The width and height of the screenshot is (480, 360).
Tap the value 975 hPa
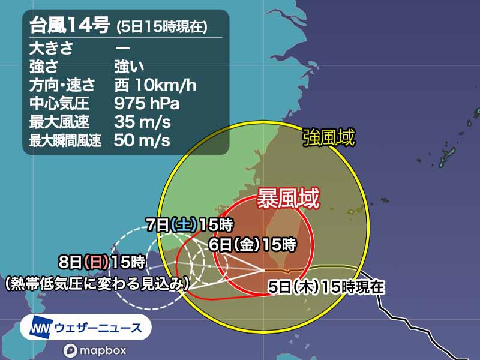pos(147,103)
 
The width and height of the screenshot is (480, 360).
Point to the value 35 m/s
pos(142,122)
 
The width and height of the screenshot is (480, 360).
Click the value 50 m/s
pos(142,141)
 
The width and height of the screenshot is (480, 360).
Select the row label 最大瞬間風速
pos(65,141)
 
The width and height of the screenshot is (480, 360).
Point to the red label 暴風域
pos(287,199)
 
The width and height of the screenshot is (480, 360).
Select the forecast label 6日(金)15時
pos(252,244)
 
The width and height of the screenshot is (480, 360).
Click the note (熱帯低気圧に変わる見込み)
pos(97,281)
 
